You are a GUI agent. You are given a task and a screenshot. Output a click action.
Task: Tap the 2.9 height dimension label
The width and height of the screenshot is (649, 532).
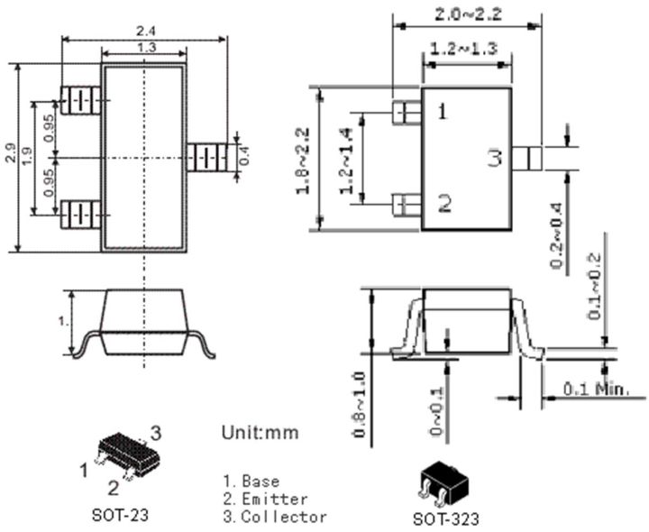tap(10, 155)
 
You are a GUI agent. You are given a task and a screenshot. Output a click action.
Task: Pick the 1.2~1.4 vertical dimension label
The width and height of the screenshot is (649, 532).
tap(345, 161)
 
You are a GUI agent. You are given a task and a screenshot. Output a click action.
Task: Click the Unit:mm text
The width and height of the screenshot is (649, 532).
tap(260, 433)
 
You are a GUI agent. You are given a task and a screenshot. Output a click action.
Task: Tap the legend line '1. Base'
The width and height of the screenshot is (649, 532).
tap(251, 482)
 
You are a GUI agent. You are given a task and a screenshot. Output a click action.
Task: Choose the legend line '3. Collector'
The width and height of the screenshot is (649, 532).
tap(275, 517)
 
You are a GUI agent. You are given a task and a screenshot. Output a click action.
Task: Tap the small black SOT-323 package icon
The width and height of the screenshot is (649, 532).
tap(442, 485)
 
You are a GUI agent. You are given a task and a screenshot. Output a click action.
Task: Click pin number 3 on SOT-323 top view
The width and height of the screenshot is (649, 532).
tap(494, 160)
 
